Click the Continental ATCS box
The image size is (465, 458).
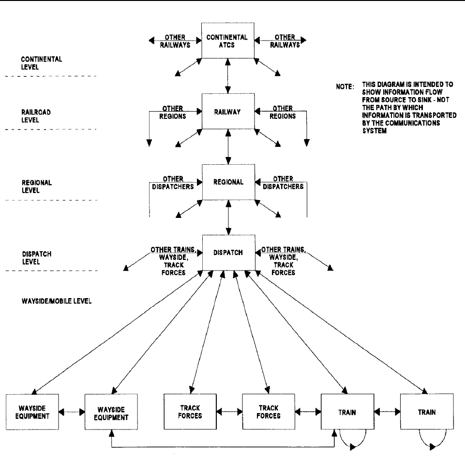click(x=228, y=41)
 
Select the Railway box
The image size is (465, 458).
click(x=228, y=111)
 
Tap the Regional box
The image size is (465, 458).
click(x=228, y=182)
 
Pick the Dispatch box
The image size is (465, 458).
click(x=229, y=253)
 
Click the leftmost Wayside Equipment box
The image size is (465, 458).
click(x=32, y=412)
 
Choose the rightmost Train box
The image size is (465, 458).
click(x=427, y=412)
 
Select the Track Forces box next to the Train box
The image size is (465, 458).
click(x=269, y=412)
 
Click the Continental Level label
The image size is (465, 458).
click(x=42, y=63)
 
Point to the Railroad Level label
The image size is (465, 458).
click(x=36, y=116)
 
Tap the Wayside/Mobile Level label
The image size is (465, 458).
click(x=57, y=301)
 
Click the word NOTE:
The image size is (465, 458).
click(x=345, y=87)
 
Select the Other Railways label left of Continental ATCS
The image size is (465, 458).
click(x=175, y=41)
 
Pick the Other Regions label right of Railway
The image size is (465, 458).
click(x=283, y=112)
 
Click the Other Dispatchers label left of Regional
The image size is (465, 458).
click(x=173, y=183)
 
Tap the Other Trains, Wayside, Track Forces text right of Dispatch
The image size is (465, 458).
click(x=283, y=261)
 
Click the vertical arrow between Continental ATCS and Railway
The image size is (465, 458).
click(x=228, y=76)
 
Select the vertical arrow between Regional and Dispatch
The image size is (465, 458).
click(x=228, y=217)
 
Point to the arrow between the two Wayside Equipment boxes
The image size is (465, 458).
click(x=72, y=412)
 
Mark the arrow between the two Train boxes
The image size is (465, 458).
click(x=387, y=412)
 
